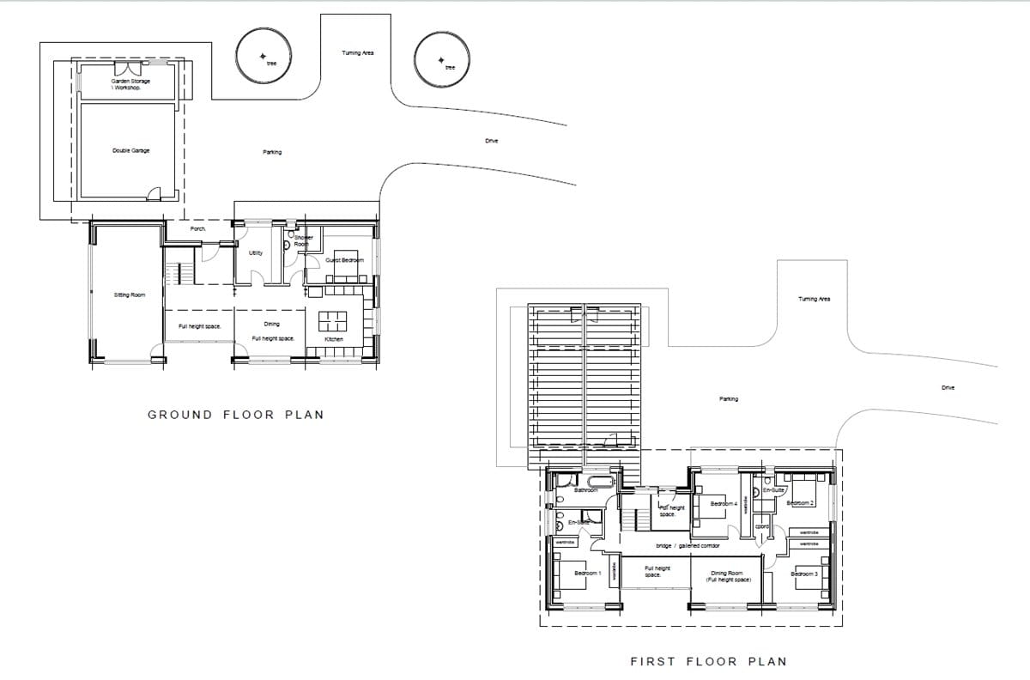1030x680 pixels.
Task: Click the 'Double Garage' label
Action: (x=130, y=150)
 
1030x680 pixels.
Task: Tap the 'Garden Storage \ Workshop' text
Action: (x=130, y=84)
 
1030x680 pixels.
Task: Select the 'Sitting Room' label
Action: (x=130, y=294)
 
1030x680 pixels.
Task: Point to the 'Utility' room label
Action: (x=255, y=253)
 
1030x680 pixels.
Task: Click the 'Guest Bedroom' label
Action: (x=344, y=260)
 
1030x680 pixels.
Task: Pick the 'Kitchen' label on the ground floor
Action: (x=334, y=339)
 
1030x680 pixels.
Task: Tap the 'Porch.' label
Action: (x=198, y=229)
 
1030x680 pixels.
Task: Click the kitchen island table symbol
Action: (x=332, y=321)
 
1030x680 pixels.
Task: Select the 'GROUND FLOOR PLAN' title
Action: (x=236, y=415)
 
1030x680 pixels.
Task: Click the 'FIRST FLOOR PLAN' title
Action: (x=708, y=661)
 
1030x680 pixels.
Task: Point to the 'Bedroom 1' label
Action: (x=587, y=572)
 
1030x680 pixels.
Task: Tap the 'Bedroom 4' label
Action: (x=724, y=503)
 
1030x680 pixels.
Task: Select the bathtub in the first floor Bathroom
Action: (x=597, y=481)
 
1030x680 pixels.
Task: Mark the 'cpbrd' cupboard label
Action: (x=761, y=526)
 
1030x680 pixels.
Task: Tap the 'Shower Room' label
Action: (x=304, y=241)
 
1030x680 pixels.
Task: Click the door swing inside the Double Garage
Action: (x=153, y=194)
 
